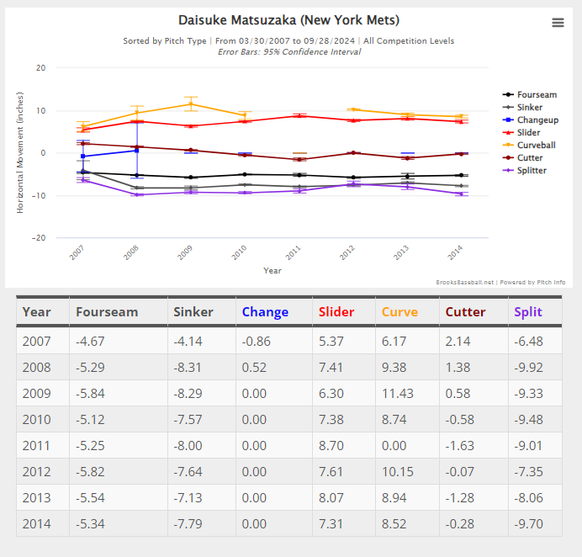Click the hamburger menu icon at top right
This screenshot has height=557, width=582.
(558, 23)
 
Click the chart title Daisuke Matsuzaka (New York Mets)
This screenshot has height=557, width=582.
(288, 20)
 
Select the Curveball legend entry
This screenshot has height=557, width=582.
(529, 146)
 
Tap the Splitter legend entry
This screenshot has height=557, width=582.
(525, 171)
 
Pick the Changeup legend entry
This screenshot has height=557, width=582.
(531, 120)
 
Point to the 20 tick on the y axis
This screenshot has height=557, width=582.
(41, 68)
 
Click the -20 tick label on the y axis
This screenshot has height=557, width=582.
(39, 237)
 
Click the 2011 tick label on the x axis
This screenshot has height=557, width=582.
(293, 252)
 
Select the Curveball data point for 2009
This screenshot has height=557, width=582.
(191, 104)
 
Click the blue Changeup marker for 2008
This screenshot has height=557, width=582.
(137, 151)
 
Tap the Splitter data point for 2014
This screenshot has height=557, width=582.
(462, 194)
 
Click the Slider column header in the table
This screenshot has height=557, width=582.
(336, 312)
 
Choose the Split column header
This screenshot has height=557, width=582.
(528, 312)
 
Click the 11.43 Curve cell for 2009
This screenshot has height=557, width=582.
(398, 393)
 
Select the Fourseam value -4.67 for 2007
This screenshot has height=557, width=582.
(90, 342)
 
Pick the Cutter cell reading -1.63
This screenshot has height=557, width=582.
(459, 446)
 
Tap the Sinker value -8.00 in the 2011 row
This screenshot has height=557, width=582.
(188, 446)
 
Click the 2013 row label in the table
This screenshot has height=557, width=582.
(36, 497)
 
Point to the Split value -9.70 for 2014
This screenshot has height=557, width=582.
(528, 524)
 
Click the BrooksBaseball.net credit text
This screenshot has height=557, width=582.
(465, 282)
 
